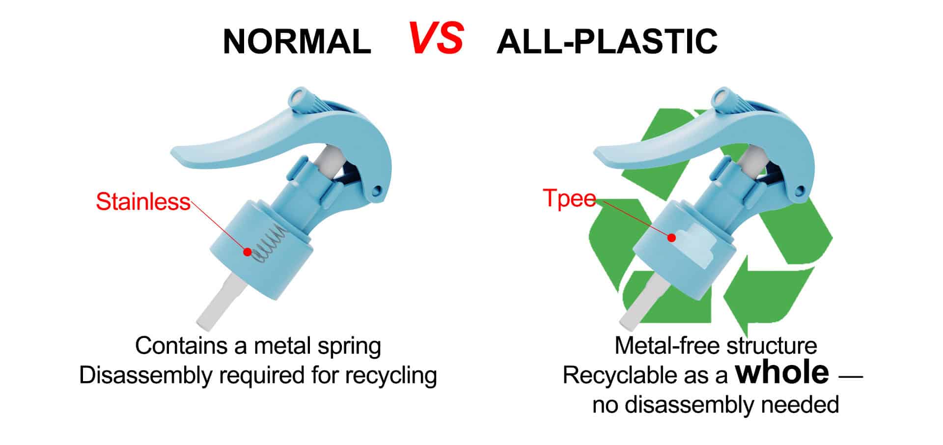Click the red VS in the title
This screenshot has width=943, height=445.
coord(436,38)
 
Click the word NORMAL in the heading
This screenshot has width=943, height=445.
coord(297,41)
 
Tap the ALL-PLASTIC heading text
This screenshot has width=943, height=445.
coord(607,41)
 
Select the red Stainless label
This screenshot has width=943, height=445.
coord(143,201)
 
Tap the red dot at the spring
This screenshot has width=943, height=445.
coord(248,252)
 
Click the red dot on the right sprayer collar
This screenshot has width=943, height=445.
coord(671,238)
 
